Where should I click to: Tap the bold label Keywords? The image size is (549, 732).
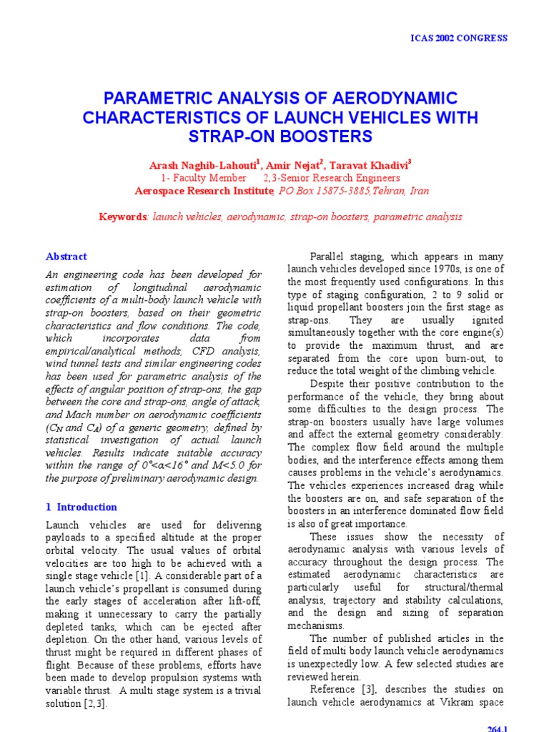[122, 217]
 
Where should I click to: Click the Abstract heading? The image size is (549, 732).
[66, 257]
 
